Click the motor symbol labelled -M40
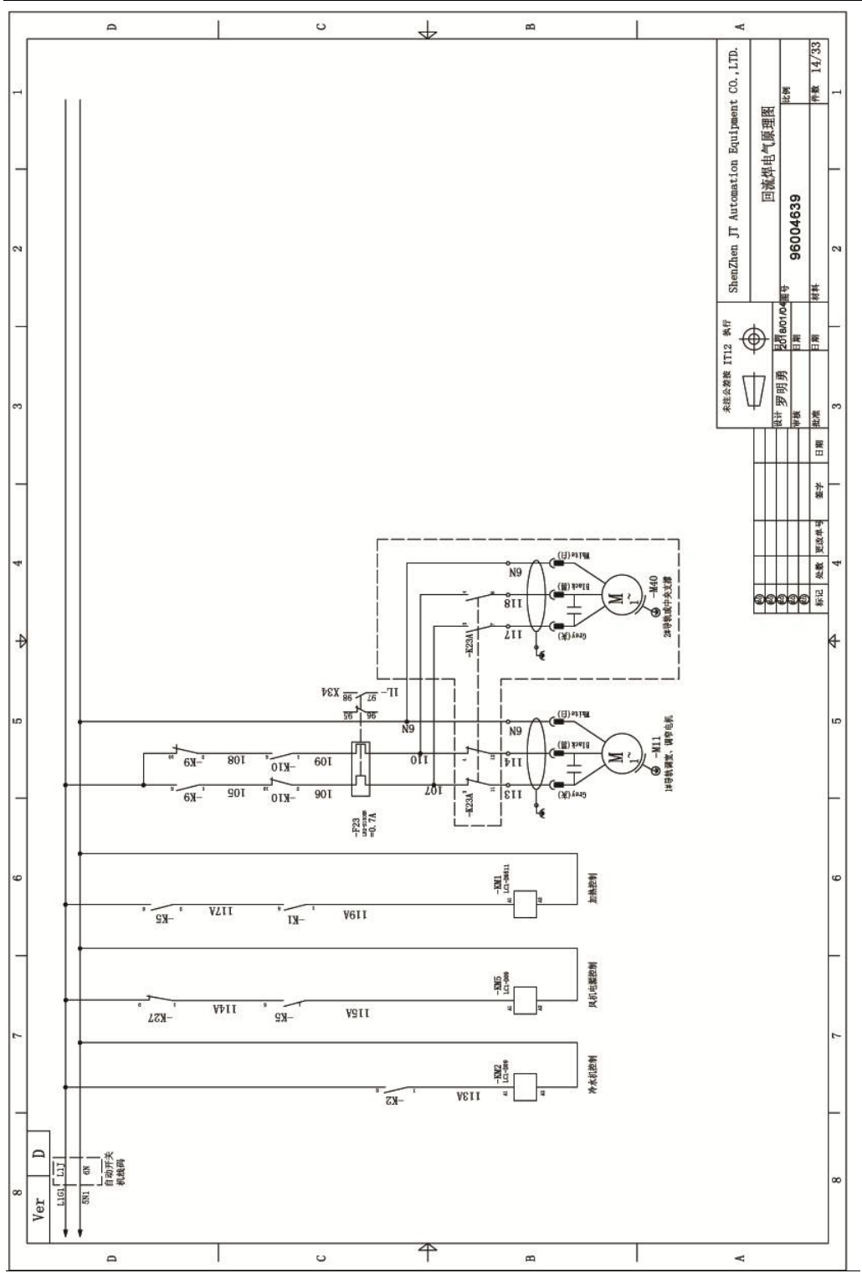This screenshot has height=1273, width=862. (616, 595)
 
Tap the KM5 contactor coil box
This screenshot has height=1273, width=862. (524, 999)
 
